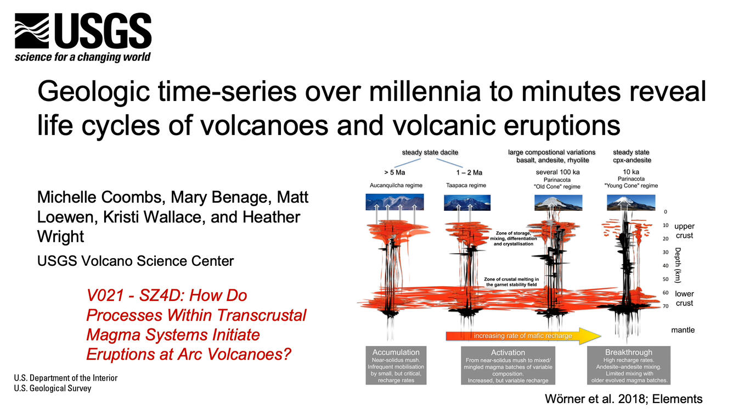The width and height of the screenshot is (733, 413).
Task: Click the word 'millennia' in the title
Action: tap(425, 91)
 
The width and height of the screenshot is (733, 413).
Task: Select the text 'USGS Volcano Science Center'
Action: tap(136, 261)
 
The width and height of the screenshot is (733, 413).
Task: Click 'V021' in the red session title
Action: tap(106, 295)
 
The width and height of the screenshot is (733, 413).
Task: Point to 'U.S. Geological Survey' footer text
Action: tap(53, 388)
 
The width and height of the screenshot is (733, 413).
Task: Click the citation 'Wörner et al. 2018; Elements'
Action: tap(624, 399)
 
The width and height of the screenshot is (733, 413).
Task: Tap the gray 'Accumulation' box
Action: tap(396, 365)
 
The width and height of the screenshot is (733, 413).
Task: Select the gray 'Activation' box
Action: tap(508, 365)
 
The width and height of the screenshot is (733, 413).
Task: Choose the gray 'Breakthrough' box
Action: tap(629, 365)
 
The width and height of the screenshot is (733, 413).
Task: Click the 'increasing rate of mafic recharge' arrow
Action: tap(523, 336)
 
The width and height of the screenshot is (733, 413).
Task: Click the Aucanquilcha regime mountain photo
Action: tap(394, 202)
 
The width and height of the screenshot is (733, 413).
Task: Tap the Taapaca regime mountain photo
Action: tap(467, 203)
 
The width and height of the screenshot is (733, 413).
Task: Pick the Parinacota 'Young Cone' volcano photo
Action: tap(631, 202)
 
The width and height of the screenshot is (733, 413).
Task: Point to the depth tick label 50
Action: tap(666, 280)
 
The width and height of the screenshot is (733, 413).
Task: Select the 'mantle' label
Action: tap(683, 330)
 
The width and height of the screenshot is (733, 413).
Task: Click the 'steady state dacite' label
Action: tap(430, 152)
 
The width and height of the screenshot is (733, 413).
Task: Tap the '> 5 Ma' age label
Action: tap(394, 172)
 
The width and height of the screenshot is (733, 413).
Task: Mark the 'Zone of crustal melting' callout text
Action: tap(511, 282)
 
